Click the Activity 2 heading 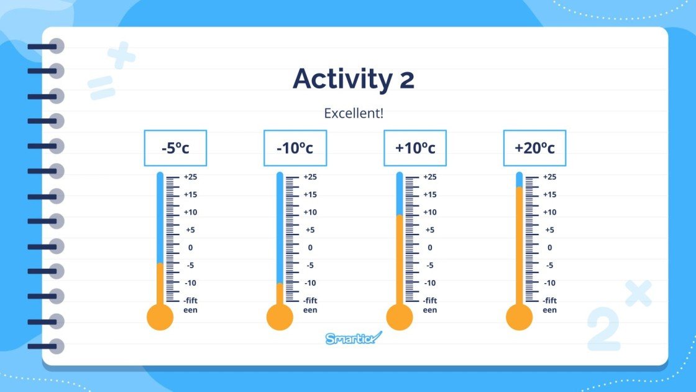pos(353,80)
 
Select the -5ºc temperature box pos(175,148)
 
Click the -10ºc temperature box pos(295,148)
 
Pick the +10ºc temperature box pos(414,148)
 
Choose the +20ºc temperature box pos(534,148)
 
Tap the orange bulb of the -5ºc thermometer pos(160,317)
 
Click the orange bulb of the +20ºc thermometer pos(520,317)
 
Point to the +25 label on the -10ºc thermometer pos(310,177)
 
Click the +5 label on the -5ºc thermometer pos(190,230)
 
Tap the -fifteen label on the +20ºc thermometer pos(549,305)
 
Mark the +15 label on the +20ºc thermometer pos(549,195)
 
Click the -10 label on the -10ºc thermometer pos(310,282)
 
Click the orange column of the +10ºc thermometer pos(400,261)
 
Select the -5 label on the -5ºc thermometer pos(190,265)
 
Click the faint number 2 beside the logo pos(602,330)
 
